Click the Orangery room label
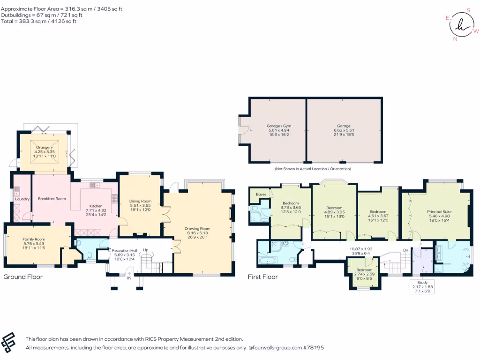click(45, 148)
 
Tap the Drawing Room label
click(197, 229)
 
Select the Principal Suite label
click(439, 212)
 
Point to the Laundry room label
click(22, 199)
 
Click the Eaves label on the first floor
click(261, 195)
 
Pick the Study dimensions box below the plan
click(422, 287)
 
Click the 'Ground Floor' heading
click(23, 277)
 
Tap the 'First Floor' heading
click(262, 277)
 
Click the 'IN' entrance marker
click(129, 278)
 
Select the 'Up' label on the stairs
click(146, 250)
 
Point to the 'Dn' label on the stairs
click(405, 250)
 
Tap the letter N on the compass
click(455, 39)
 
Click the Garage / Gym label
click(279, 126)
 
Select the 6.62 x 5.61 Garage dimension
click(344, 130)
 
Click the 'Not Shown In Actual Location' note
click(313, 169)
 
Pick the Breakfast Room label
click(52, 199)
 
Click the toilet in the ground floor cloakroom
click(90, 256)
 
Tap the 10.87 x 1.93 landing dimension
click(361, 249)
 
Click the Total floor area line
click(38, 21)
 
